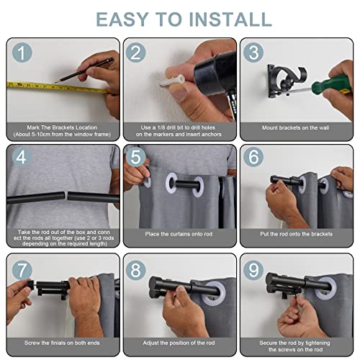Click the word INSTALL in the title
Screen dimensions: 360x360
pyautogui.click(x=230, y=19)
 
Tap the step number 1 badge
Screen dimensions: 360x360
pyautogui.click(x=22, y=53)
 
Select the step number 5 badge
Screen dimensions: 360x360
pyautogui.click(x=135, y=157)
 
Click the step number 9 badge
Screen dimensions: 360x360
pyautogui.click(x=253, y=270)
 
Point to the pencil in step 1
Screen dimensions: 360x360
pyautogui.click(x=84, y=71)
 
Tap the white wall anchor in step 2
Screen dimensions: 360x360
pyautogui.click(x=172, y=81)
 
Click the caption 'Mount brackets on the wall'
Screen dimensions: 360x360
pyautogui.click(x=295, y=128)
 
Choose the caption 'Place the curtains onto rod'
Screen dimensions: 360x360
pyautogui.click(x=179, y=234)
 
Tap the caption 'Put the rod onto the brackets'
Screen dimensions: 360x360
pyautogui.click(x=297, y=234)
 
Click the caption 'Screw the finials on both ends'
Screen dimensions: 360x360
pyautogui.click(x=62, y=343)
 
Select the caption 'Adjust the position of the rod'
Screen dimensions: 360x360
pyautogui.click(x=179, y=343)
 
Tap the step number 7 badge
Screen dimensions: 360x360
pyautogui.click(x=22, y=270)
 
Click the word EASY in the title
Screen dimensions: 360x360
pyautogui.click(x=122, y=19)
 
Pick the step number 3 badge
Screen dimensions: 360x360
pyautogui.click(x=253, y=53)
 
